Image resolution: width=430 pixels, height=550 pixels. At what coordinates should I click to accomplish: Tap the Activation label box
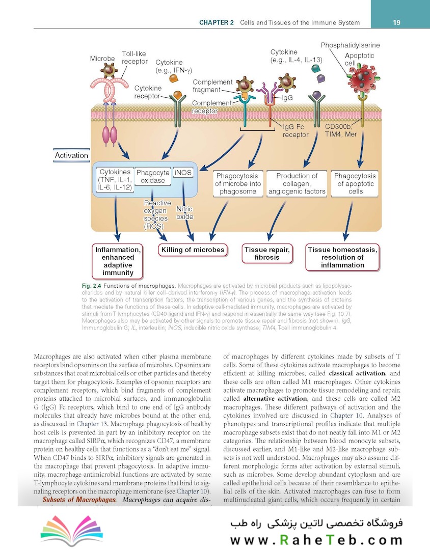pos(72,155)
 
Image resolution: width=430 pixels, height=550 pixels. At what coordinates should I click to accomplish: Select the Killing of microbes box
pos(193,250)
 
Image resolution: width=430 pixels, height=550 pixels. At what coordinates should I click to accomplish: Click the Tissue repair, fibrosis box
pos(267,254)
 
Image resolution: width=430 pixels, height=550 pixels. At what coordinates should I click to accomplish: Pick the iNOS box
pos(183,173)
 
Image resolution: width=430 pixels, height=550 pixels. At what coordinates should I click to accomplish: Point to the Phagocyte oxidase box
pos(153,177)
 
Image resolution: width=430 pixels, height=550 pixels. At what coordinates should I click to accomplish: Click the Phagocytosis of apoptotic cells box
pos(356,183)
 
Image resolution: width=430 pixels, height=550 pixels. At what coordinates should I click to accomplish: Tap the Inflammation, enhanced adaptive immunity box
pos(118,261)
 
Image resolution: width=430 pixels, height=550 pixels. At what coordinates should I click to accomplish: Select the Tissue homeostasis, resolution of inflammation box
pos(342,257)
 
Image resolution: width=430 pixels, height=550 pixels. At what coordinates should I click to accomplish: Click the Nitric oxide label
pos(184,213)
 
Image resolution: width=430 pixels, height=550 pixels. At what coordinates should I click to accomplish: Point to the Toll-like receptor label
pos(135,58)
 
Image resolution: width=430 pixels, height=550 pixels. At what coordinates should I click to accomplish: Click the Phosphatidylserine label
pos(350,45)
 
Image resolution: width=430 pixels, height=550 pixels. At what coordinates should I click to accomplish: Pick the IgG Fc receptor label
pos(295,131)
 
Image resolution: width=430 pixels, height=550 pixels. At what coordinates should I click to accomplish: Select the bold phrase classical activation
pos(365,374)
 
